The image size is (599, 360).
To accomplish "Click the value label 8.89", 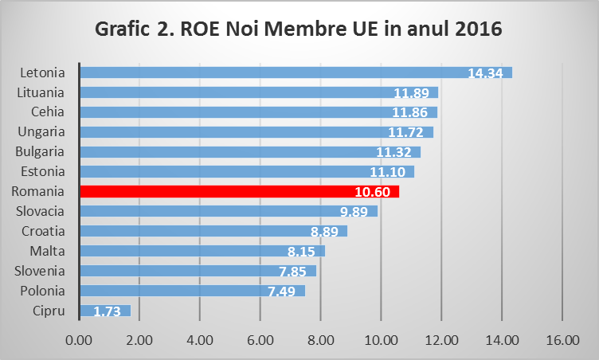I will click(325, 232).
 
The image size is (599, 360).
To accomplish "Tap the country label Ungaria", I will click(43, 131).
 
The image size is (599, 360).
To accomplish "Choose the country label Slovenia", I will click(43, 271).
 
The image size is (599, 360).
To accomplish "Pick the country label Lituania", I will click(41, 92).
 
